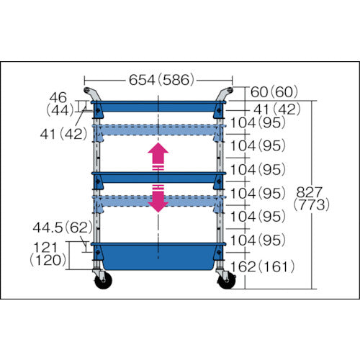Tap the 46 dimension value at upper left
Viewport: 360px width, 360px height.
pos(59,96)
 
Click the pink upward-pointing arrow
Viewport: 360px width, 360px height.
pos(158,155)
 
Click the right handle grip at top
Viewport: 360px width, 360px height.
pos(226,94)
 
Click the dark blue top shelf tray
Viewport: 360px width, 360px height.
pos(158,108)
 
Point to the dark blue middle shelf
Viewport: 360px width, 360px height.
pos(158,176)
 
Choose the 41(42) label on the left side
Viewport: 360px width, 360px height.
pos(62,133)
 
